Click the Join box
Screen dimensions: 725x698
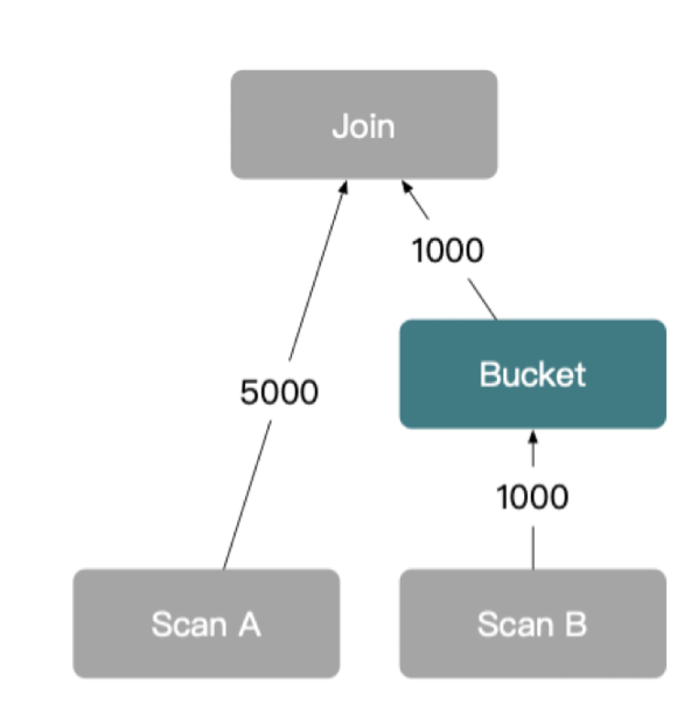click(364, 124)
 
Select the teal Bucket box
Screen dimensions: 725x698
click(533, 375)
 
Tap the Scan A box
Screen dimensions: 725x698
click(206, 623)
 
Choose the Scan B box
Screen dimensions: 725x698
click(533, 623)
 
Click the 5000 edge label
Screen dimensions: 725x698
click(278, 392)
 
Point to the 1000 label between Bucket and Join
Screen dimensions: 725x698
click(448, 250)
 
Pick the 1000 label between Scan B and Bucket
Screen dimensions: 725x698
click(533, 497)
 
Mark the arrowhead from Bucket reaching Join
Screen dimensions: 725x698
click(407, 187)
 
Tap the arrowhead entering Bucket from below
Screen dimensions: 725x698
click(533, 436)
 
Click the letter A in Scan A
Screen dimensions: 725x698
click(248, 624)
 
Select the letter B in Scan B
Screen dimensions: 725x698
click(575, 624)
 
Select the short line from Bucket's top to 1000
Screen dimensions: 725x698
click(481, 299)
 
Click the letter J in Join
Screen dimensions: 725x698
click(339, 126)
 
